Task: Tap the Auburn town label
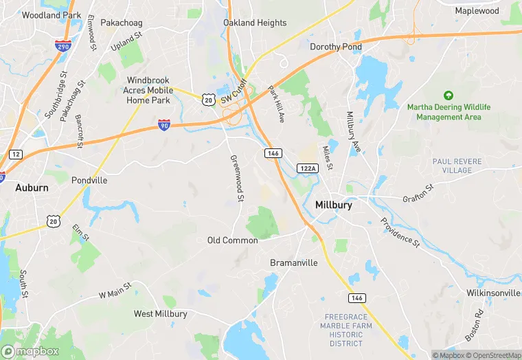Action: tap(32, 187)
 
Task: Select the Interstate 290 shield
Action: tap(61, 45)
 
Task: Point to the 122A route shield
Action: tap(307, 168)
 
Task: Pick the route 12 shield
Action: tap(14, 153)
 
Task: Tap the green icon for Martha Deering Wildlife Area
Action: tap(449, 95)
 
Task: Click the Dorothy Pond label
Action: tap(335, 47)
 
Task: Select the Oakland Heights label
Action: tap(255, 23)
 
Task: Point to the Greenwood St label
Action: tap(236, 178)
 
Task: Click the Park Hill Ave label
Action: tap(275, 104)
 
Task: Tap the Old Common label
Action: tap(233, 240)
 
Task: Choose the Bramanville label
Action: tap(294, 262)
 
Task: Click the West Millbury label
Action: tap(160, 314)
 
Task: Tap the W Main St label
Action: tap(115, 291)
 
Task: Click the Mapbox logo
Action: tap(30, 350)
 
